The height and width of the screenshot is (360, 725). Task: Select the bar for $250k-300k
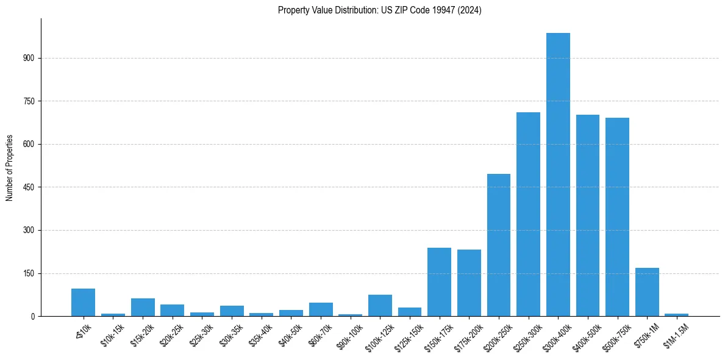click(528, 214)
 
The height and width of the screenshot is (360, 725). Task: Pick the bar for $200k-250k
click(499, 245)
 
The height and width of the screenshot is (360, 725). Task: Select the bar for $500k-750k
click(617, 217)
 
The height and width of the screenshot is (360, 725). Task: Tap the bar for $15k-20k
click(143, 307)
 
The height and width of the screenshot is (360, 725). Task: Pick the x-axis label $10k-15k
click(112, 334)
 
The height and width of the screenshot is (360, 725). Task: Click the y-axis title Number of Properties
click(9, 167)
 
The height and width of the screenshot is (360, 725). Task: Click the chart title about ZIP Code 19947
click(379, 10)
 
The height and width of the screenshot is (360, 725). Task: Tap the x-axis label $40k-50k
click(290, 334)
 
